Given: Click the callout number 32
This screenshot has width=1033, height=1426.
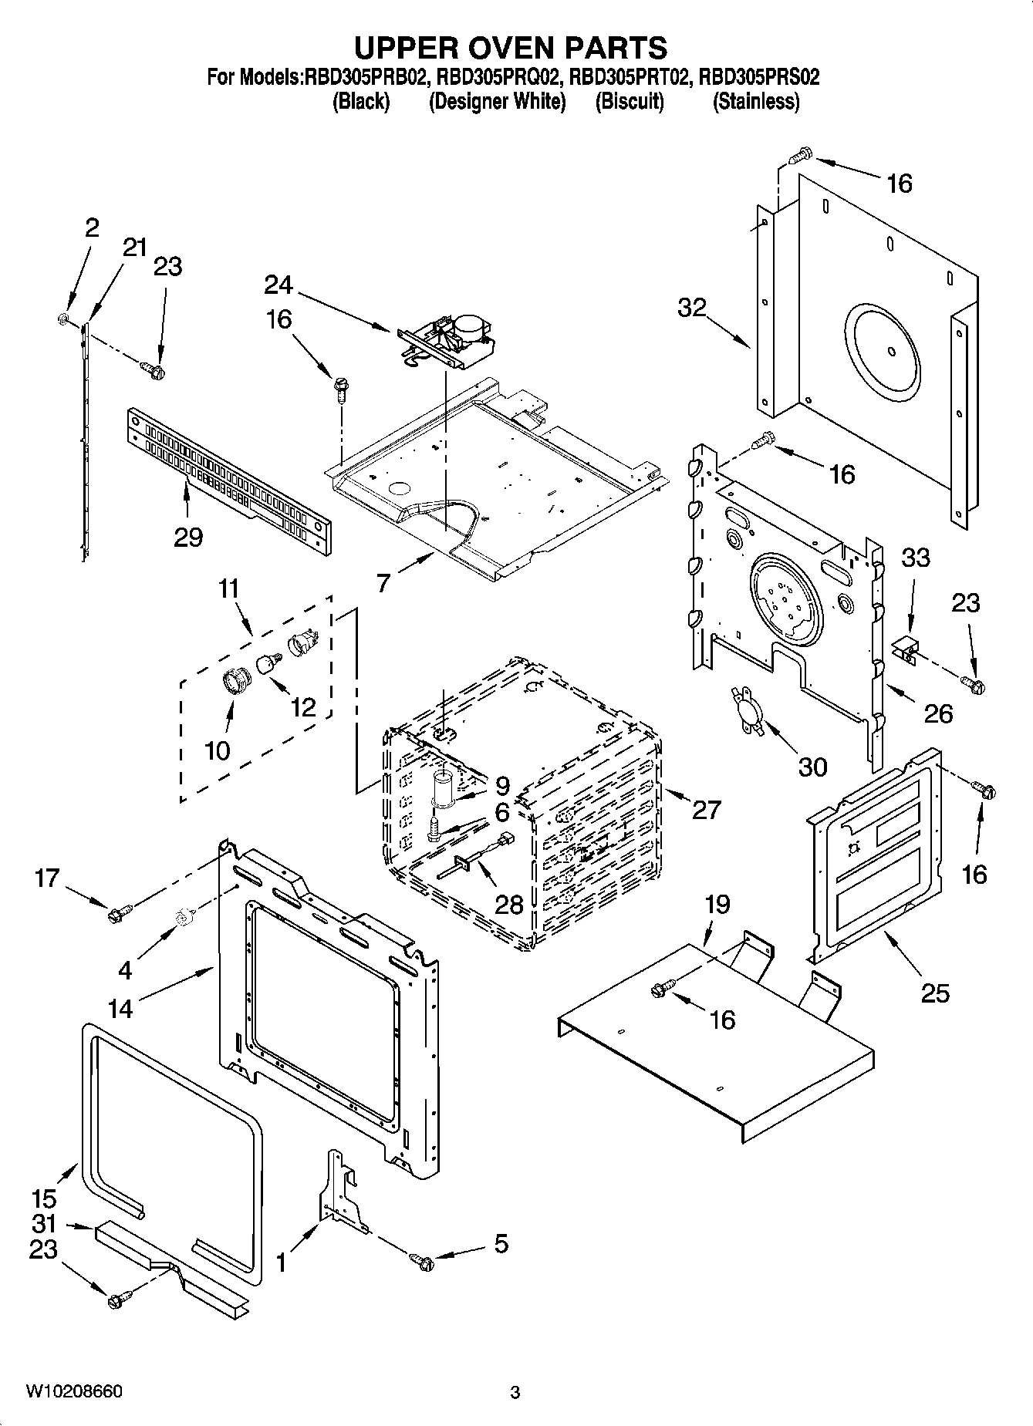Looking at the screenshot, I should coord(692,308).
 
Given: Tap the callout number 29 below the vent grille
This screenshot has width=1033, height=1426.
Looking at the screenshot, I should coord(188,537).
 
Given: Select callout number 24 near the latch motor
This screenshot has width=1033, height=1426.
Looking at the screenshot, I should coord(278,285).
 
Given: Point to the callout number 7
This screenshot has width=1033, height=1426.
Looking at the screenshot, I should coord(383,583).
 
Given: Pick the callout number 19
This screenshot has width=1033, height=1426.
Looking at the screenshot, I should coord(717,904).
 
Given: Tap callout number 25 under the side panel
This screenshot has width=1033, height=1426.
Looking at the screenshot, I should coord(935,993).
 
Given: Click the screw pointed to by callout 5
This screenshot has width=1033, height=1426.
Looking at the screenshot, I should coord(423,1261).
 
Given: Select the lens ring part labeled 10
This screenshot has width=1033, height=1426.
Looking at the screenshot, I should coord(234,683).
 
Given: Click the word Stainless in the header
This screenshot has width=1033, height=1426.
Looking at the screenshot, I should coord(755,102).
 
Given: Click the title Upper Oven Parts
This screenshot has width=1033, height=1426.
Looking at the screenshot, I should coord(510,47).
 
